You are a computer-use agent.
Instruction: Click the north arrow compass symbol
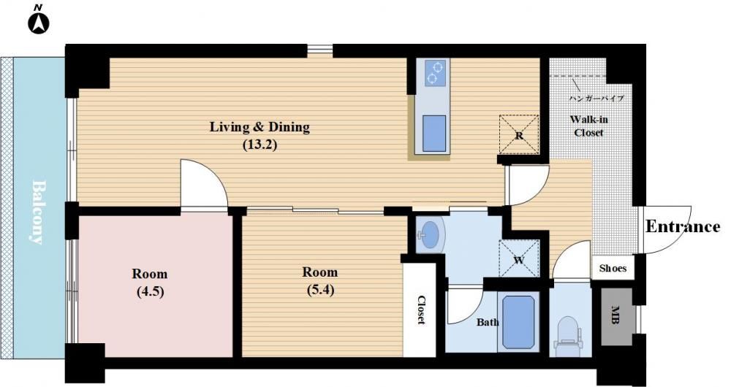coord(39,23)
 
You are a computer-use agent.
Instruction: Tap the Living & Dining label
coord(260,127)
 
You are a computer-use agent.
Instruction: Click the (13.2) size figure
coord(260,145)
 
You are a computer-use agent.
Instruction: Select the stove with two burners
coord(434,72)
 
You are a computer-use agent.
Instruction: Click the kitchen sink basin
coord(434,133)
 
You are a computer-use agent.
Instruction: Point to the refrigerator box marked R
coord(519,134)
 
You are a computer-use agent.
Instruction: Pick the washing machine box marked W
coord(519,259)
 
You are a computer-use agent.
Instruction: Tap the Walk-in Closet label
coord(588,126)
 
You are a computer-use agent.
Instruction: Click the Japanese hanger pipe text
coord(596,99)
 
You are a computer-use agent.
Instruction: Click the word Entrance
coord(683,227)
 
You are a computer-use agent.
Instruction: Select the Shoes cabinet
coord(613,268)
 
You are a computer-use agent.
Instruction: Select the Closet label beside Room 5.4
coord(421,310)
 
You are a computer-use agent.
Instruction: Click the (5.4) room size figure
coord(320,290)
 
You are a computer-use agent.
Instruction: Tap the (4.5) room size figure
coord(150,292)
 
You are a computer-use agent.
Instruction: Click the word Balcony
coord(40,212)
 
